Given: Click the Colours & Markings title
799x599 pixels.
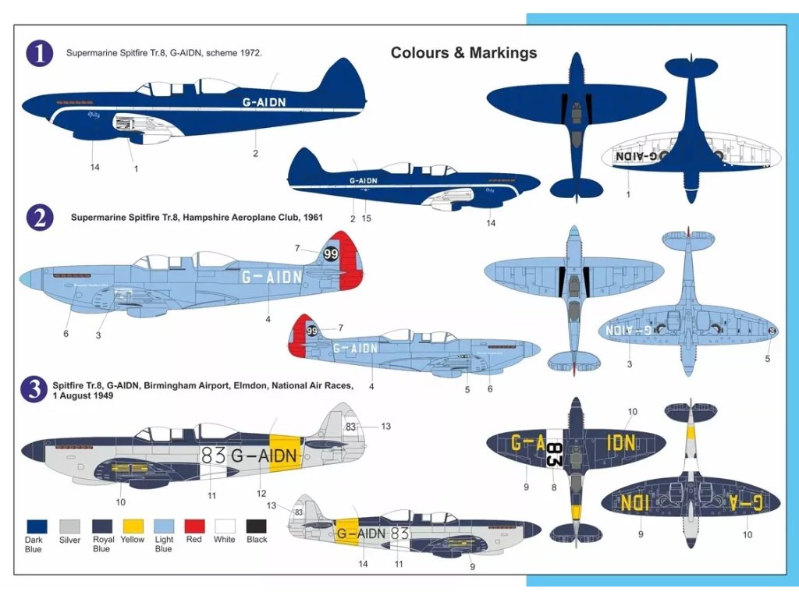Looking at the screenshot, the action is click(463, 53).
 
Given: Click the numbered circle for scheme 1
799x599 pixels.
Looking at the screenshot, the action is click(40, 53).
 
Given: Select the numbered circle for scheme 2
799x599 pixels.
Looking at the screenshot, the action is click(40, 218).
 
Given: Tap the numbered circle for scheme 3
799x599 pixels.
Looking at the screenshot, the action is click(34, 389).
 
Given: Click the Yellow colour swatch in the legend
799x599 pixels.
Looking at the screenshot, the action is click(132, 526).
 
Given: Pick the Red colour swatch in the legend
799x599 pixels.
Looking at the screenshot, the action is click(194, 526).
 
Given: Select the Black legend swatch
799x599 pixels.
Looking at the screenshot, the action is click(256, 526).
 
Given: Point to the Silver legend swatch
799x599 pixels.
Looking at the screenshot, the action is click(69, 526).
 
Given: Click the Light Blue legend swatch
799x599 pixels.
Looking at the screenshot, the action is click(163, 526).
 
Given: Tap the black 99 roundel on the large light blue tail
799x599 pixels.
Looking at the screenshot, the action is click(331, 254).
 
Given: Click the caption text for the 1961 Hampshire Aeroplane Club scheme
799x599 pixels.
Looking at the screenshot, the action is click(197, 218).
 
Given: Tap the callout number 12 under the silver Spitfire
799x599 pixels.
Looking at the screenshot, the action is click(262, 494).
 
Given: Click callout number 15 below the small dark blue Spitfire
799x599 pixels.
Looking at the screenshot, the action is click(367, 219).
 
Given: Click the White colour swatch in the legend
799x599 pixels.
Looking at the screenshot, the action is click(225, 526).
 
